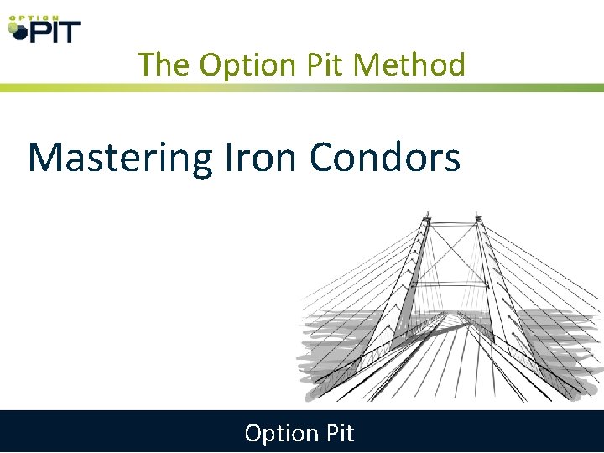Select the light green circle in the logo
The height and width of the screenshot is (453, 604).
[12, 28]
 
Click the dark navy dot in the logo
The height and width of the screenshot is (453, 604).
[18, 34]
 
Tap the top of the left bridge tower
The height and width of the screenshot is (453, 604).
[425, 220]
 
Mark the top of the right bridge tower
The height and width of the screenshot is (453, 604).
[478, 220]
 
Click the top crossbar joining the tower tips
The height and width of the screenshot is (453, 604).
[452, 224]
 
